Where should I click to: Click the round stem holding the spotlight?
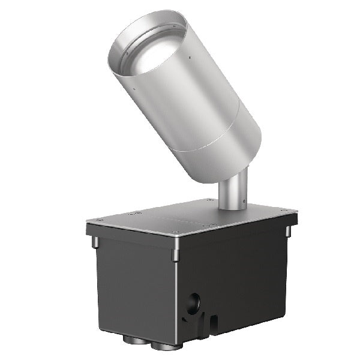click(x=231, y=191)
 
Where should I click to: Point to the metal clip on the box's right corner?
click(x=287, y=230)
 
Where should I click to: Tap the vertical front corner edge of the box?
click(x=176, y=300)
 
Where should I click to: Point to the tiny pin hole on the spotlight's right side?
click(x=190, y=58)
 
